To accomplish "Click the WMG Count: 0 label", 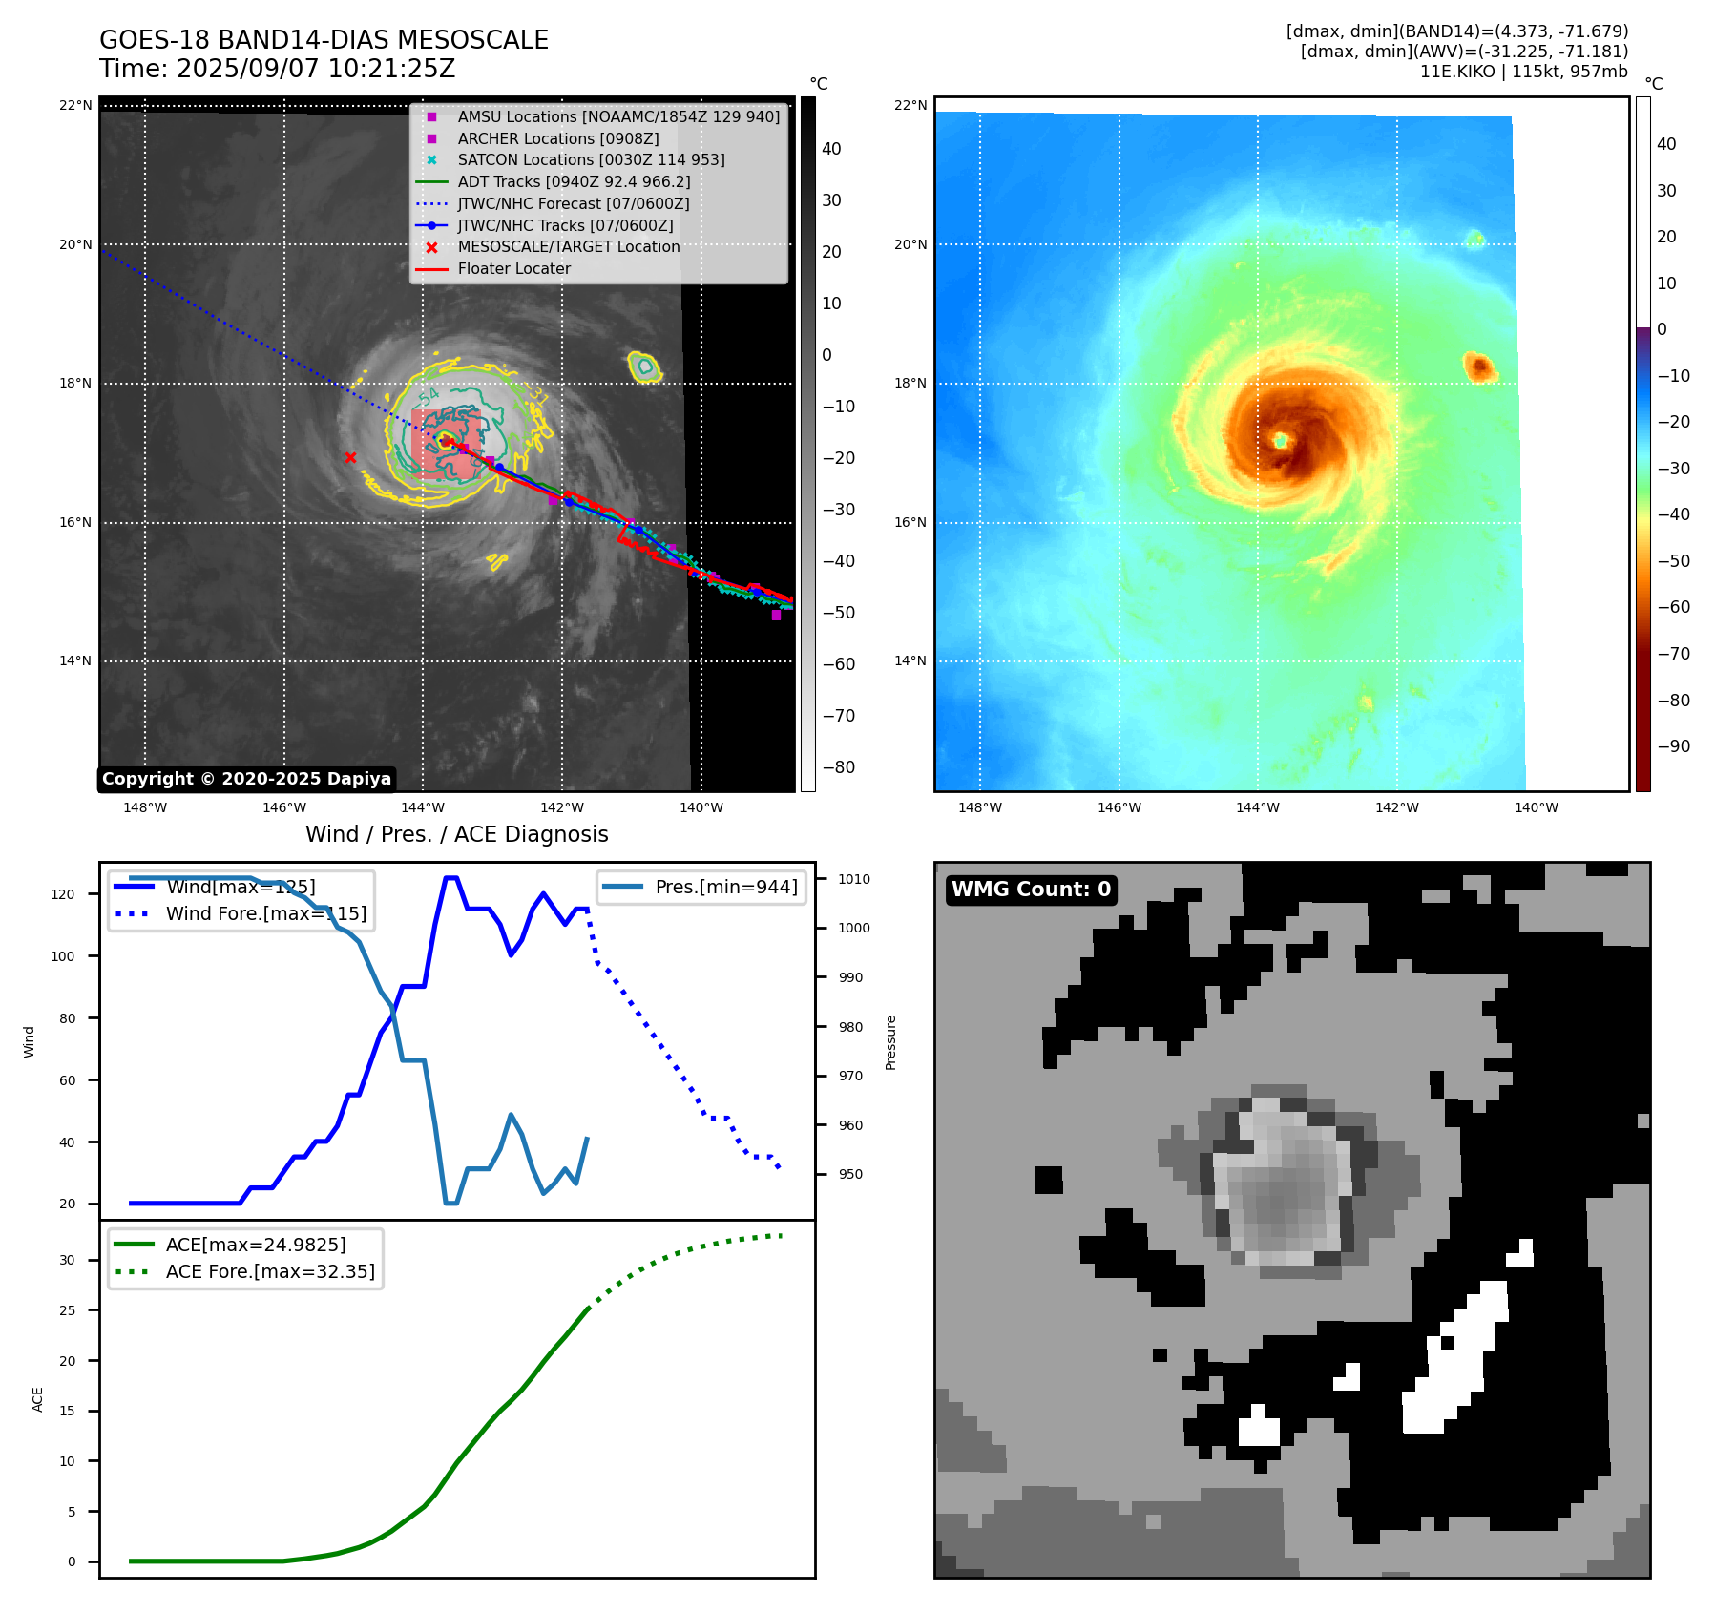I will tap(1031, 890).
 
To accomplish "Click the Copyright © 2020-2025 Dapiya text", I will tap(246, 779).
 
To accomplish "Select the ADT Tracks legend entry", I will tap(574, 181).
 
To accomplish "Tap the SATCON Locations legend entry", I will tap(591, 159).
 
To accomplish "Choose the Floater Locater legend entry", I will tap(513, 268).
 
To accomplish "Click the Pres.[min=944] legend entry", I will tap(726, 887).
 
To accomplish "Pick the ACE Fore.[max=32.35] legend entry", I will tap(270, 1271).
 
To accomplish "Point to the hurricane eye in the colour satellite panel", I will tap(1280, 440).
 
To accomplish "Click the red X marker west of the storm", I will tap(350, 457).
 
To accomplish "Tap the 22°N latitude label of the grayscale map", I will tap(75, 105).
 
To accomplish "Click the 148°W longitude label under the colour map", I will tap(980, 807).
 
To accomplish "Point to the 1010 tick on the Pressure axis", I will tap(854, 879).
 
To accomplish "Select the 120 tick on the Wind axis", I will tap(63, 894).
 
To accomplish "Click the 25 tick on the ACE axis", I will tap(67, 1310).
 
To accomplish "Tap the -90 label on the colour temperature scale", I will tap(1673, 746).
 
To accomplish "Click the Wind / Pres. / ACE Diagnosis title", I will tap(456, 834).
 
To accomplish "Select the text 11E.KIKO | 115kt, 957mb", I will tap(1523, 72).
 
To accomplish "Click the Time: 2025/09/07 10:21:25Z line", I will tap(277, 69).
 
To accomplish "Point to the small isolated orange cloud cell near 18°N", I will tap(1478, 366).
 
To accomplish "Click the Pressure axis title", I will tap(890, 1042).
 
